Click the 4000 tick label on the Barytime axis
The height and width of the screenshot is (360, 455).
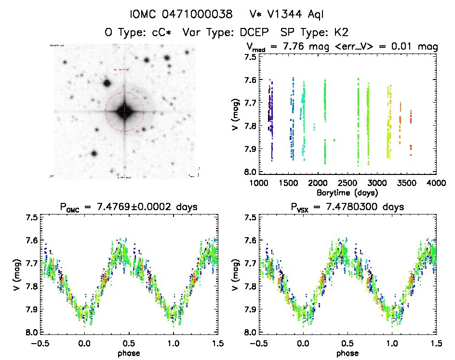click(x=436, y=183)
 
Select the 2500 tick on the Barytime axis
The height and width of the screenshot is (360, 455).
click(x=347, y=183)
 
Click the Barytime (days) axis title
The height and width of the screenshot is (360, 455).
click(x=348, y=192)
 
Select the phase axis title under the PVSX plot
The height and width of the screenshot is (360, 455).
click(x=348, y=353)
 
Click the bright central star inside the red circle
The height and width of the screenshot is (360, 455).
click(x=124, y=112)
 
